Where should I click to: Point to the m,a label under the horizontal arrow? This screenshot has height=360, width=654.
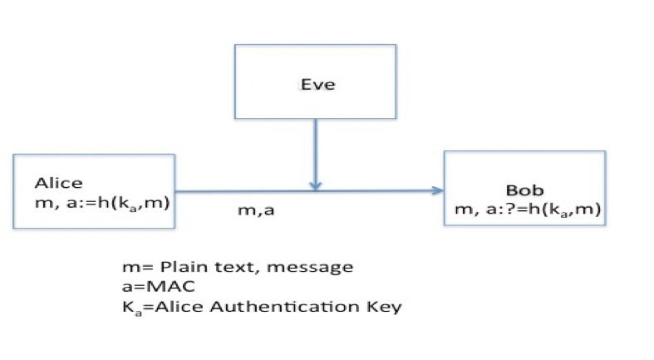257,211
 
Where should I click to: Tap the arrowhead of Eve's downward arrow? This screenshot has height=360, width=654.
314,185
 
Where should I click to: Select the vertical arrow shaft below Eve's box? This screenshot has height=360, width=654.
314,150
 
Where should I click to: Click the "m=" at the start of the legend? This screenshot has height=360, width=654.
132,268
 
